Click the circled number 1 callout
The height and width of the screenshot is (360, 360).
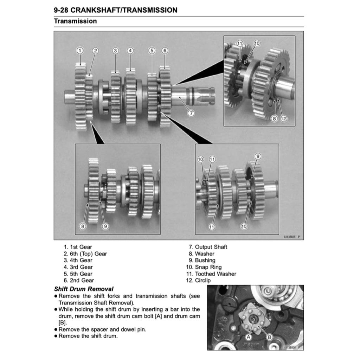tap(80, 51)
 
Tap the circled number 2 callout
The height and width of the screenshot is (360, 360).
tap(95, 51)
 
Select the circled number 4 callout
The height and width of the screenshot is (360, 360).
tap(130, 51)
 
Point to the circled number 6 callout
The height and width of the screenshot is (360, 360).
tap(165, 51)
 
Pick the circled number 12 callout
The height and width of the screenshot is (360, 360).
tap(283, 118)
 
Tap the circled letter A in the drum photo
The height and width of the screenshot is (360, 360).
tap(248, 337)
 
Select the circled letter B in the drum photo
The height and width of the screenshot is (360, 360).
tap(270, 337)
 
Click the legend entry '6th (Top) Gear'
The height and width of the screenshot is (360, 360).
tap(85, 253)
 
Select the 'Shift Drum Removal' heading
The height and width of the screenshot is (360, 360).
tap(84, 289)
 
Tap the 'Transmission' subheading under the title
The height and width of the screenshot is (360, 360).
tap(75, 21)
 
